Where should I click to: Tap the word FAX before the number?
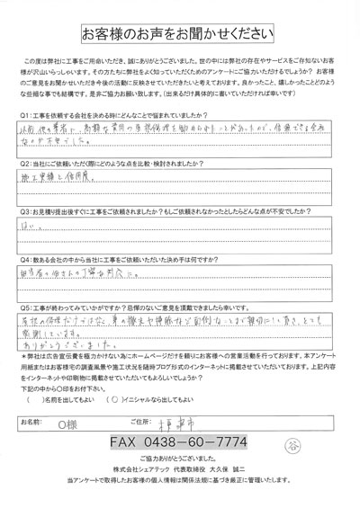tap(125, 442)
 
